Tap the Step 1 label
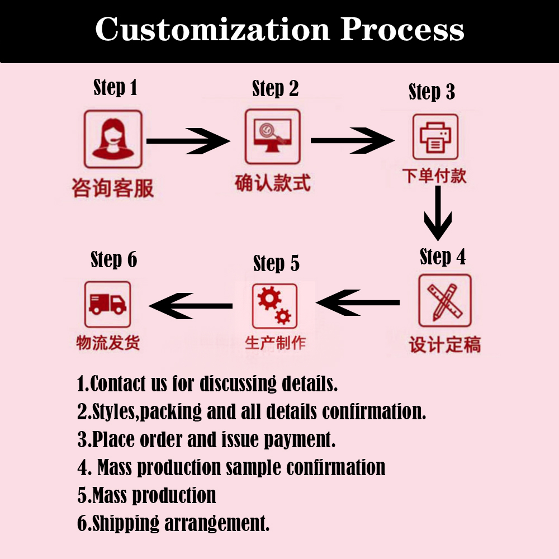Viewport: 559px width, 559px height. click(x=115, y=88)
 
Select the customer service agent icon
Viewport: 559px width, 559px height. click(x=113, y=139)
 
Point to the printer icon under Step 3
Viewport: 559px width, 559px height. click(x=435, y=137)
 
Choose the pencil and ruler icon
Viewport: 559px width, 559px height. click(x=444, y=301)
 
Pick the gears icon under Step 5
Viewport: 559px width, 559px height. click(x=274, y=306)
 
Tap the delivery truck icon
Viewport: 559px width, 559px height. click(x=107, y=304)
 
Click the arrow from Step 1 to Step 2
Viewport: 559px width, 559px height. click(x=187, y=140)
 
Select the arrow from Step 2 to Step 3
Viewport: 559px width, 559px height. click(x=352, y=140)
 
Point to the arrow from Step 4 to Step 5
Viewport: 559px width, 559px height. click(x=358, y=303)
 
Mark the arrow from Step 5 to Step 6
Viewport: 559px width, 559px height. click(x=191, y=306)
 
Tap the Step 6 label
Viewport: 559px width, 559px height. click(x=113, y=260)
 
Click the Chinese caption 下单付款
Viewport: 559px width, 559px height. click(x=434, y=176)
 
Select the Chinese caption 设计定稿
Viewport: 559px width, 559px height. click(x=444, y=344)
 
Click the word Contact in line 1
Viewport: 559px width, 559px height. click(x=119, y=384)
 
